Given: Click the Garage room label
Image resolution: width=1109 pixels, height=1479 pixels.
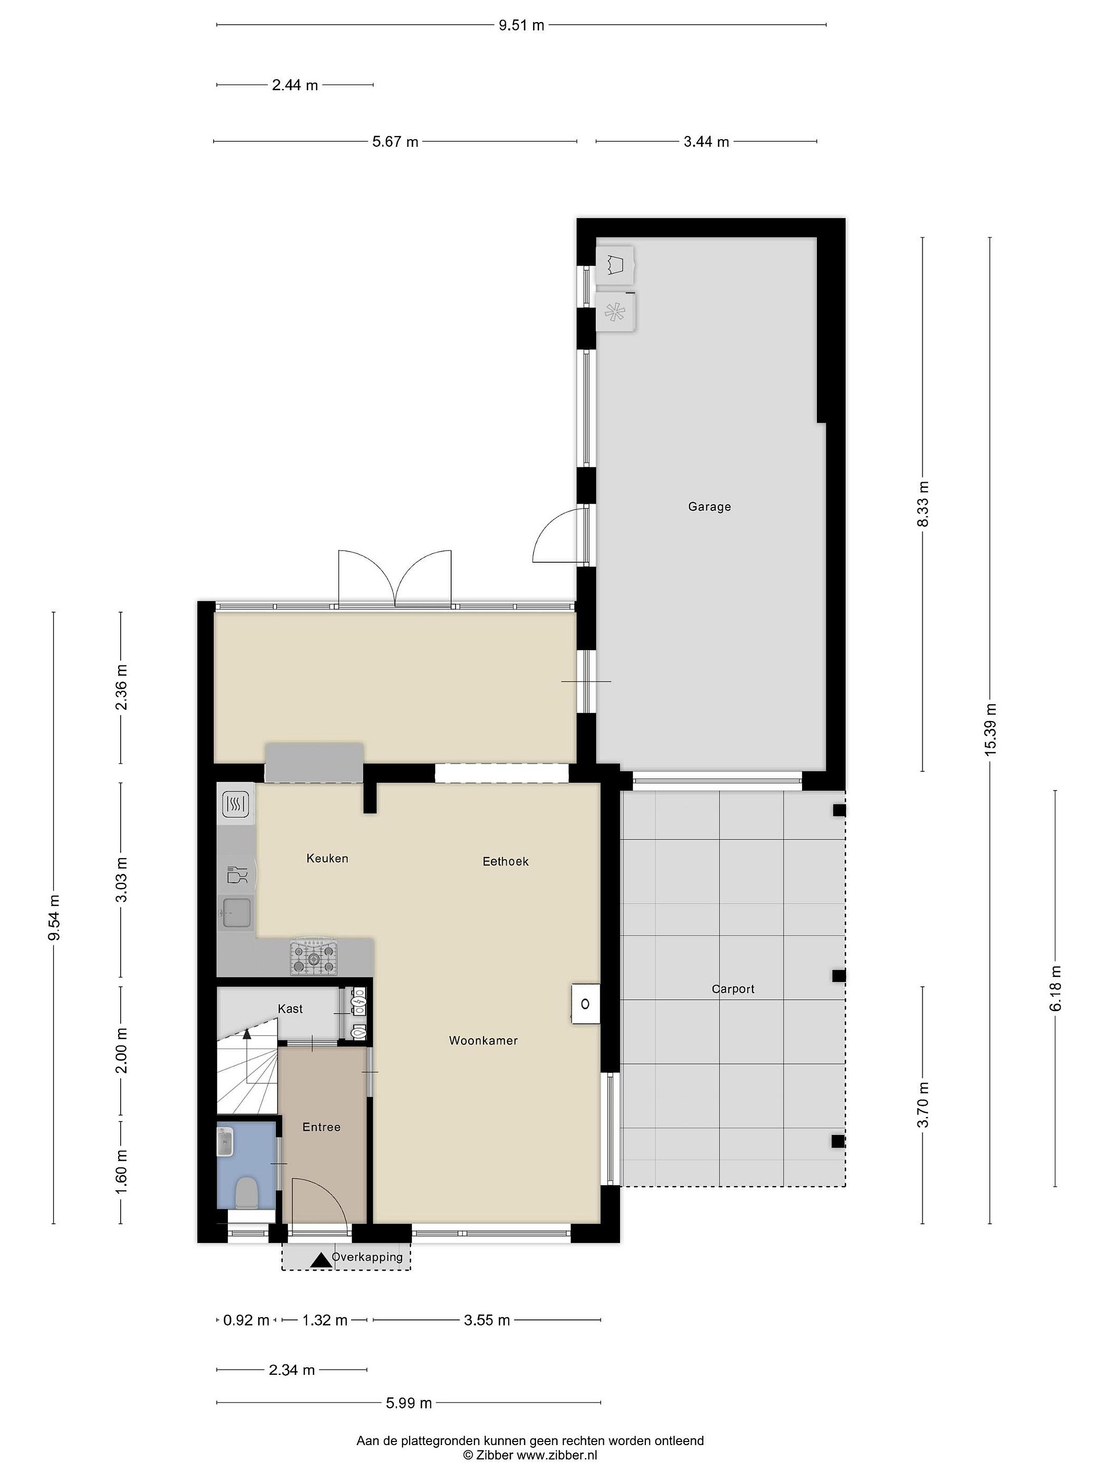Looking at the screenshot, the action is (709, 507).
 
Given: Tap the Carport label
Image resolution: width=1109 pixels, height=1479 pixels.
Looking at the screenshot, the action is (733, 989).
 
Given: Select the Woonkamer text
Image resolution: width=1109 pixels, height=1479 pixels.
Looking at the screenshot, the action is (483, 1040).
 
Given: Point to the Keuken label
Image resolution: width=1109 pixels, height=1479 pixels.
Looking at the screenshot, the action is (327, 858).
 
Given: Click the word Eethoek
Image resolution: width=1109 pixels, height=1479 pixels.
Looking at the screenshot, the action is (505, 861).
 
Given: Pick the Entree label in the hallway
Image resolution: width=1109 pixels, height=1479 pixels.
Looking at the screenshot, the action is (321, 1127).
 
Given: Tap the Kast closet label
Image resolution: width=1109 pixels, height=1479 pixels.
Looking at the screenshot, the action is (290, 1008).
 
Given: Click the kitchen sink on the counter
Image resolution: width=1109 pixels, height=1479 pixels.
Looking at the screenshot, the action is (236, 913).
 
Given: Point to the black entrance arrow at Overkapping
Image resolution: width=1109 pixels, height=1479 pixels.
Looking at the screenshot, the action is (321, 1260).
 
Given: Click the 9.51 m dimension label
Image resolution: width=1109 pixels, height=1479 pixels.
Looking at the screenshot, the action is (522, 25).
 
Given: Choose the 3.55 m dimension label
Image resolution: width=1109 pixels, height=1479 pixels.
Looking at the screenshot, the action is (487, 1320).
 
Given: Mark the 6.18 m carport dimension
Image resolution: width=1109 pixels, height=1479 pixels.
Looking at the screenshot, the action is (1056, 989).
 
